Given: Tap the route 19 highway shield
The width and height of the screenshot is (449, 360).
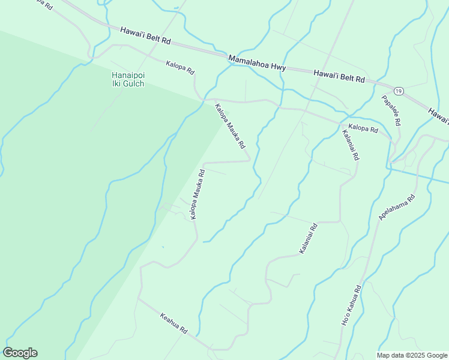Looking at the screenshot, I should [399, 91].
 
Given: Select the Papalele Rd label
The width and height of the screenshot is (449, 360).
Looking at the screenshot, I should [391, 110].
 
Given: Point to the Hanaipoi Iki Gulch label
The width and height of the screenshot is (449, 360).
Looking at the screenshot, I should [128, 79].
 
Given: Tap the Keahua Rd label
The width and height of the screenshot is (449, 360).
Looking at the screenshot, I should [174, 323].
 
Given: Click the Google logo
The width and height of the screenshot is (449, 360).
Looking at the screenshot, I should [20, 353].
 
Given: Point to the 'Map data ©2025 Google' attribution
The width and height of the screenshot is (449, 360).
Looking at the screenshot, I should [412, 355].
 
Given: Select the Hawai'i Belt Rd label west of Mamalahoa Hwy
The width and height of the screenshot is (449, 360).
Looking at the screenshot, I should [146, 35].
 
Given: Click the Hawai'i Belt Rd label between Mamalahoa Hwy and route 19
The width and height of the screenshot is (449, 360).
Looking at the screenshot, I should [339, 75].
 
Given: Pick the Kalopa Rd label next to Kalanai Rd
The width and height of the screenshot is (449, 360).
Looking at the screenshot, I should [363, 129].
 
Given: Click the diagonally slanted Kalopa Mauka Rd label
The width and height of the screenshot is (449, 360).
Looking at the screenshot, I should [230, 126].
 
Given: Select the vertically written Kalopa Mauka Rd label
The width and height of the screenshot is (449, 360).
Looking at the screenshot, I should [197, 194].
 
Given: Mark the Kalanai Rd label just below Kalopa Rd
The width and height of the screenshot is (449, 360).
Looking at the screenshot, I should [350, 145].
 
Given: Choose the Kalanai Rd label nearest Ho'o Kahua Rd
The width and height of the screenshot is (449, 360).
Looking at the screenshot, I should [308, 237].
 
